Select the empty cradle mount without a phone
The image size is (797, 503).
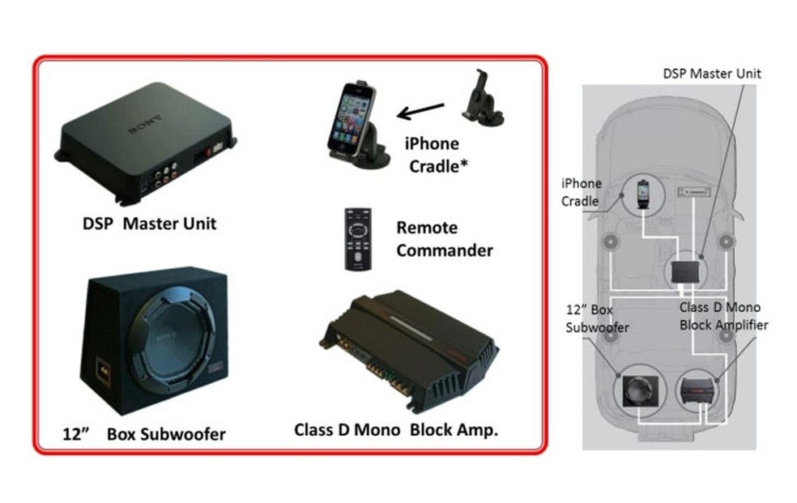(481, 100)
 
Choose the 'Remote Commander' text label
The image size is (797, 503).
(444, 239)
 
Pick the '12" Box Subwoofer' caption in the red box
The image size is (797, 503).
(144, 433)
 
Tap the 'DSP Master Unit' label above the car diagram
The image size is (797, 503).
(711, 74)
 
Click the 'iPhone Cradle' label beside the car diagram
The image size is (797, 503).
(582, 192)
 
